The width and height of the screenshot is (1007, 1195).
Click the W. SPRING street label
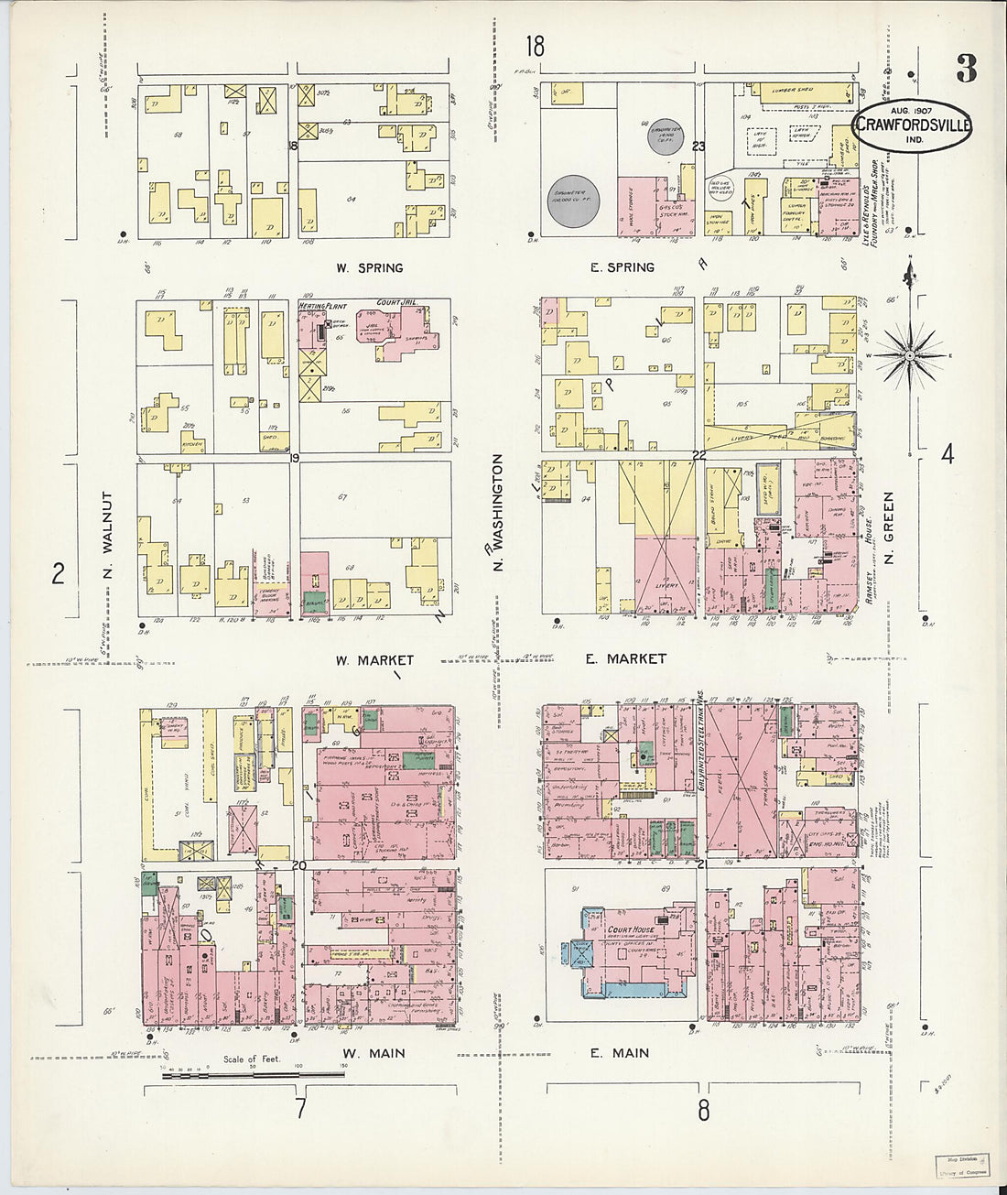(x=369, y=268)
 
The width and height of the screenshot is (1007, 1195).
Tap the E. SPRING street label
(x=622, y=267)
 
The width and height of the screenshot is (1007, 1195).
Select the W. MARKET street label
(x=374, y=659)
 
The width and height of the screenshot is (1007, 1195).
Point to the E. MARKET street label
(x=627, y=658)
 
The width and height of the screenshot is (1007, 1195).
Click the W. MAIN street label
(x=374, y=1053)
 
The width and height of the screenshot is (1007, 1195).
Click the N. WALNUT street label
(x=107, y=536)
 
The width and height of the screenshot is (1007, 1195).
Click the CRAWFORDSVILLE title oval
(x=913, y=127)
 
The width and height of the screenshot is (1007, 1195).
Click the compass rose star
(x=912, y=353)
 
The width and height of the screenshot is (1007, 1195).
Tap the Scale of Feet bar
(x=253, y=1075)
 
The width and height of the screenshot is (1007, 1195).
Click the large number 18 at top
(x=535, y=46)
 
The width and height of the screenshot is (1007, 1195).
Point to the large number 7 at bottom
(x=299, y=1109)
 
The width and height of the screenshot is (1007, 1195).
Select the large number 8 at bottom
(x=703, y=1111)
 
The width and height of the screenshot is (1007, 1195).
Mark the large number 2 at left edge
(x=59, y=574)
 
